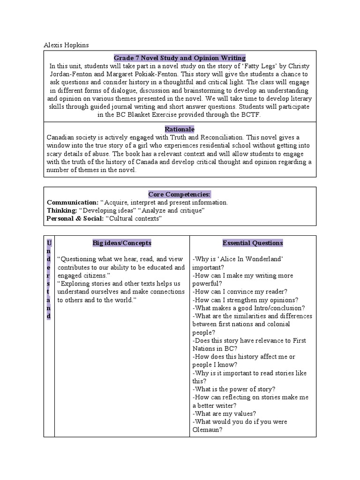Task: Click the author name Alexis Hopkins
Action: click(x=66, y=45)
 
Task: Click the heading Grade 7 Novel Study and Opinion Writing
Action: click(x=180, y=58)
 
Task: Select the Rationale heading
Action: click(x=180, y=129)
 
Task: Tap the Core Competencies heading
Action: click(x=180, y=194)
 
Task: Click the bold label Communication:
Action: click(x=73, y=202)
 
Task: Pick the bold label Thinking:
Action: click(x=62, y=210)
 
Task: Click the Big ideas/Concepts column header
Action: click(x=122, y=243)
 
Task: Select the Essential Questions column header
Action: click(x=253, y=243)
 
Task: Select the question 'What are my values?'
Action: click(x=224, y=413)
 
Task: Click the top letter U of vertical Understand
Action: click(x=49, y=243)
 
